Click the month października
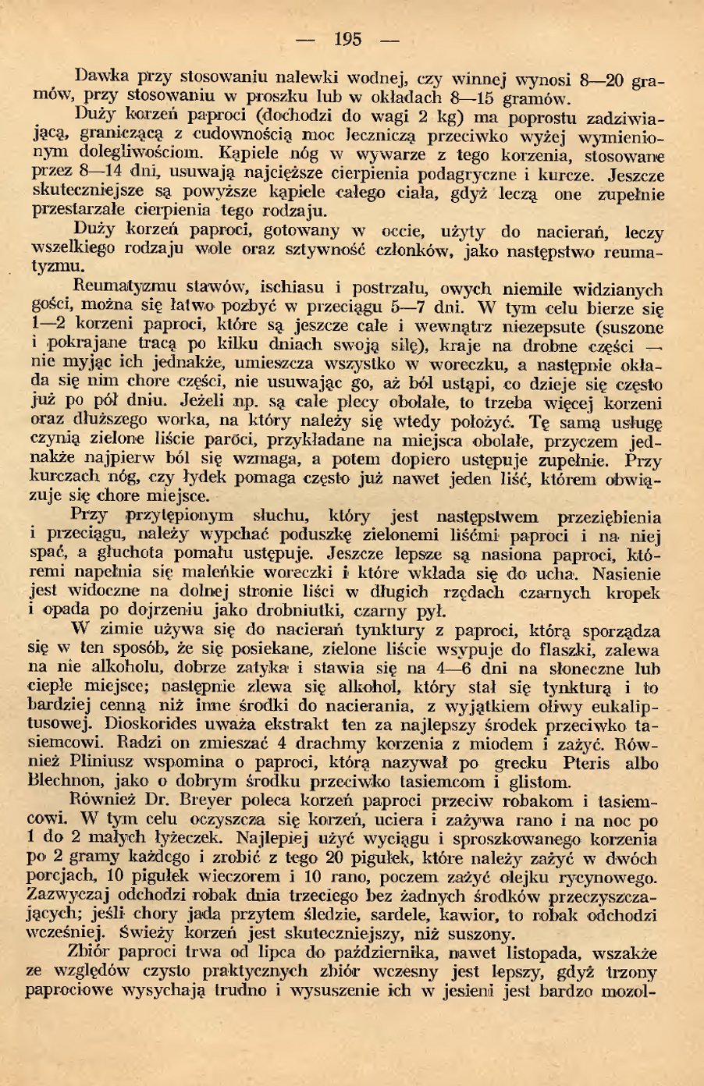pyautogui.click(x=423, y=953)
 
